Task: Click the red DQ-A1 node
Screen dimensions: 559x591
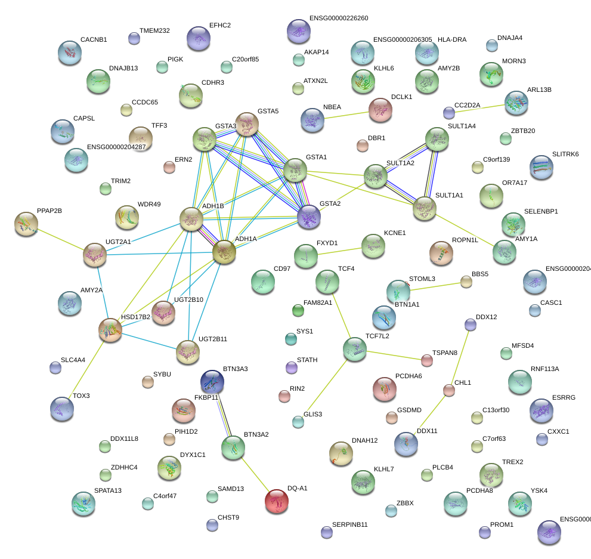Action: (276, 501)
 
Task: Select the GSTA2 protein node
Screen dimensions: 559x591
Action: (309, 217)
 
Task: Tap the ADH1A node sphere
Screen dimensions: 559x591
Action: (224, 252)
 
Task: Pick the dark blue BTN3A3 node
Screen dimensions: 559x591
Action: (212, 381)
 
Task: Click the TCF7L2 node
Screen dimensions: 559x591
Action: (355, 349)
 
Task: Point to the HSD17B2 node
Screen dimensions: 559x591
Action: (110, 330)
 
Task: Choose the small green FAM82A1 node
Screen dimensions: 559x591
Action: (298, 310)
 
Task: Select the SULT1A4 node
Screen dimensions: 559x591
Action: (437, 139)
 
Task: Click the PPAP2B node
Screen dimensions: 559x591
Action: (26, 224)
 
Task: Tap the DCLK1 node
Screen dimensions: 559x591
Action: (380, 109)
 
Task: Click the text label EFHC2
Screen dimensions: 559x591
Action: (220, 26)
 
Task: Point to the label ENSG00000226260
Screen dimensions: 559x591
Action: (339, 18)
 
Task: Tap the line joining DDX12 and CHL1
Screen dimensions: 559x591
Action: (460, 357)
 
